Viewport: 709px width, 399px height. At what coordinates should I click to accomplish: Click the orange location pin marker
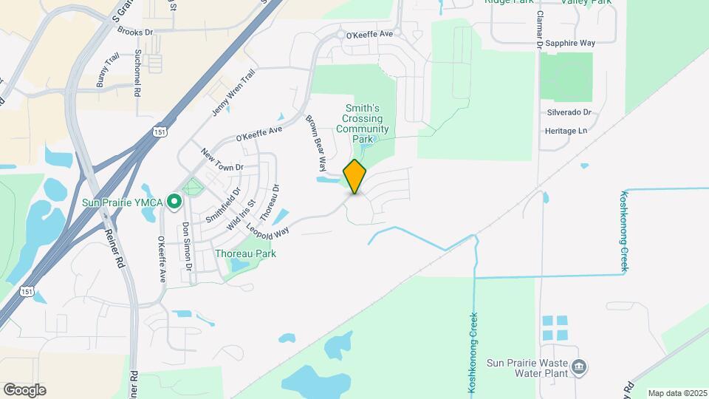click(x=354, y=176)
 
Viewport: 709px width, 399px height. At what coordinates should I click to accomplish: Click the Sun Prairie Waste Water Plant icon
click(x=580, y=367)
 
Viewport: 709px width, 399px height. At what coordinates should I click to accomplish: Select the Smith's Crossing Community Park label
click(x=362, y=123)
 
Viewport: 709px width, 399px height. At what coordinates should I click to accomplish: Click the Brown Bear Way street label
click(x=315, y=143)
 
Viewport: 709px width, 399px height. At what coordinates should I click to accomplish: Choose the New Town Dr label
click(x=222, y=159)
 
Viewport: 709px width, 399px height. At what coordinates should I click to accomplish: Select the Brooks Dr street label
click(x=134, y=33)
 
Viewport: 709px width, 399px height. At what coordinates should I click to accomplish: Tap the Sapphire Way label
click(x=577, y=44)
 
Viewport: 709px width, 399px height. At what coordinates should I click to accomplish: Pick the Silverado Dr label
click(x=569, y=112)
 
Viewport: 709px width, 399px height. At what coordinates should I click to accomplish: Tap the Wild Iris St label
click(x=242, y=213)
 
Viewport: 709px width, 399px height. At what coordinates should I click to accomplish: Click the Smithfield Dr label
click(x=223, y=205)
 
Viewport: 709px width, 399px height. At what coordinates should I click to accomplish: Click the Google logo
click(x=24, y=389)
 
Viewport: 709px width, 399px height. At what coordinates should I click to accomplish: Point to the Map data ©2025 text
click(x=676, y=393)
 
